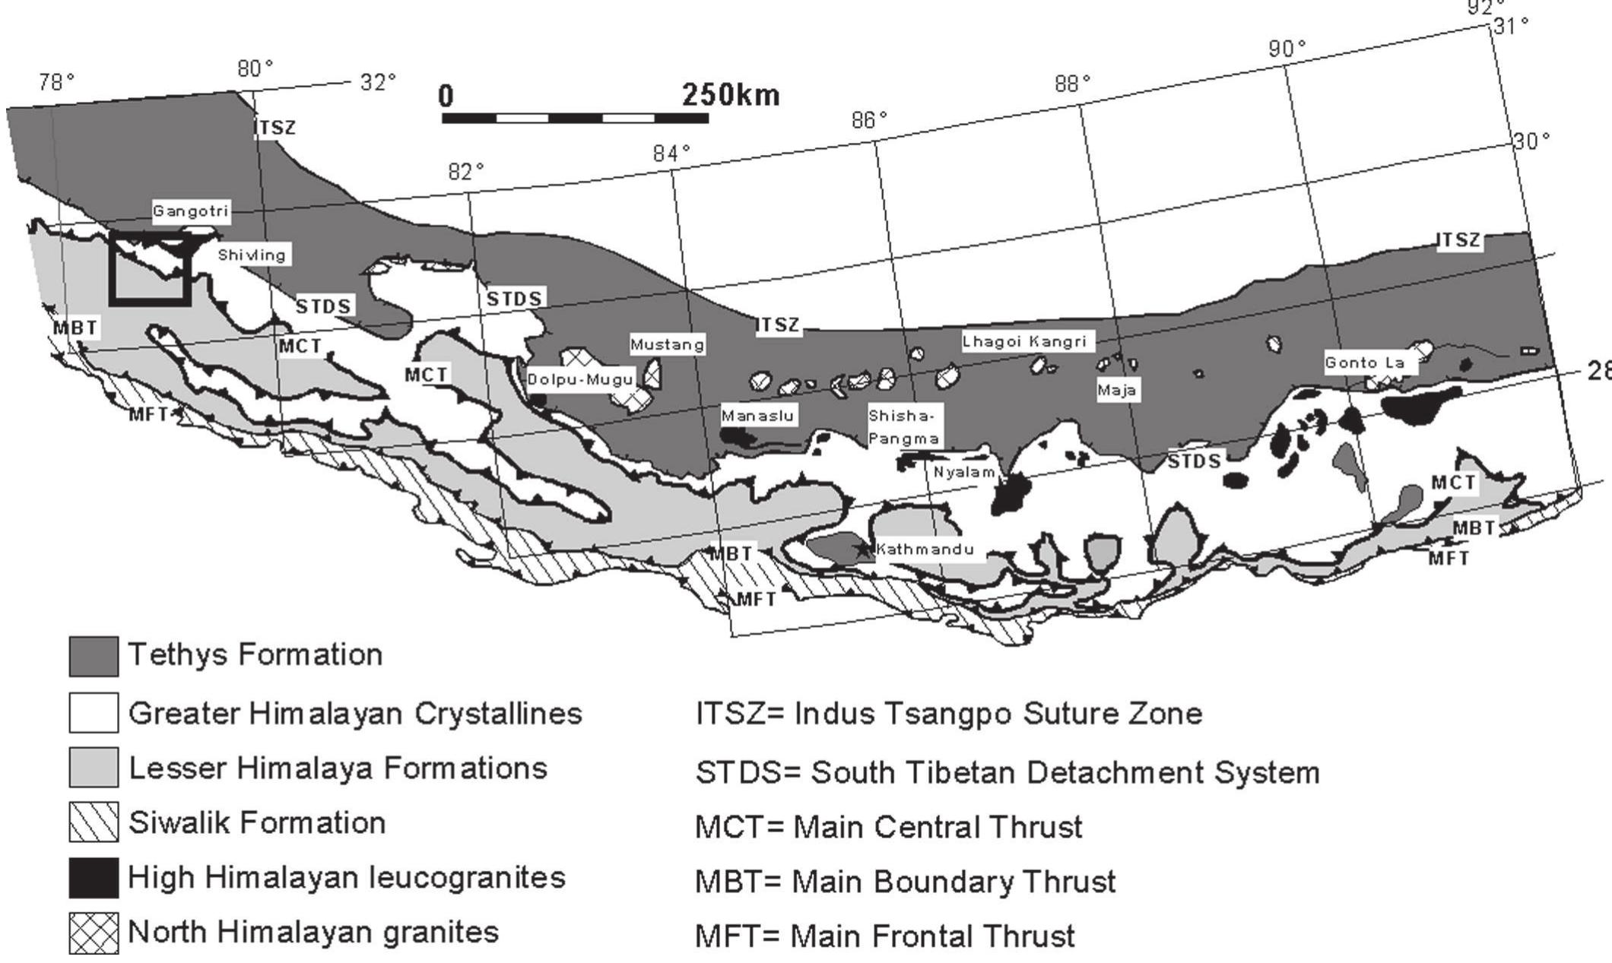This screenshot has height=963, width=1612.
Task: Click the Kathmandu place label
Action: click(x=925, y=549)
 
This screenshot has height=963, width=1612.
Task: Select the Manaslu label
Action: click(x=757, y=416)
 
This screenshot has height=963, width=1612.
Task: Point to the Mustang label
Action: click(x=667, y=345)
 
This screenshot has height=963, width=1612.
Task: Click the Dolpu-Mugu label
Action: click(x=580, y=379)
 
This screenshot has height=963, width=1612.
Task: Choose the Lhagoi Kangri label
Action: click(x=1024, y=342)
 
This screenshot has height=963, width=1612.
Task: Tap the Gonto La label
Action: click(x=1364, y=363)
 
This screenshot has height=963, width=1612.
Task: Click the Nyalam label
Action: click(x=964, y=472)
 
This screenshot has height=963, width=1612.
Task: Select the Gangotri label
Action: click(x=190, y=211)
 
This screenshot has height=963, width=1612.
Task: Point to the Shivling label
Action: click(x=251, y=255)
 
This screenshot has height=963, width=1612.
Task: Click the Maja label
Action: click(x=1116, y=391)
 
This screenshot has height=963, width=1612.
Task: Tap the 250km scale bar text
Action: click(x=730, y=96)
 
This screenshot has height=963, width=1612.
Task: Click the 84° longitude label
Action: click(x=671, y=154)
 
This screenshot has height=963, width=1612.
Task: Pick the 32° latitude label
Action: click(x=378, y=82)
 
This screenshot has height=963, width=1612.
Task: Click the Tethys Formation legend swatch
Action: click(x=94, y=657)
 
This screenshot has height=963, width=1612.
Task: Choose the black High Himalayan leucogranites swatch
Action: click(x=94, y=877)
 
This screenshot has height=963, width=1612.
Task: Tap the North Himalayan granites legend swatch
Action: click(x=94, y=933)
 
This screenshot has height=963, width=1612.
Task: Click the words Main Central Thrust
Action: click(x=938, y=827)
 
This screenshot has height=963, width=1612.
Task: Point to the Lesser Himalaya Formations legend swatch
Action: click(x=94, y=767)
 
